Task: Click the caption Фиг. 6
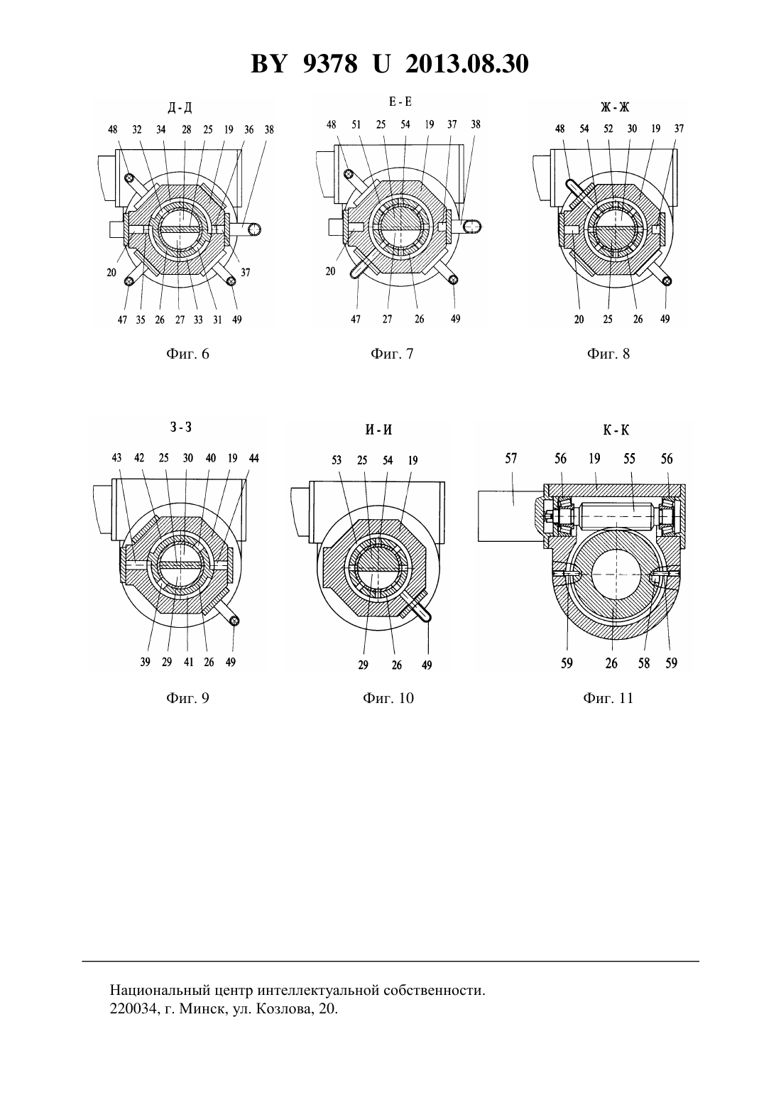[187, 354]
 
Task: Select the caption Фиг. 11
[608, 698]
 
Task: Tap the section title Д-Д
[180, 107]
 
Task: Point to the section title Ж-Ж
[615, 107]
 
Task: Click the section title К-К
[616, 430]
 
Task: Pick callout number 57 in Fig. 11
[510, 458]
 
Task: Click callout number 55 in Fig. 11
[629, 459]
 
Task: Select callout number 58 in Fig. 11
[644, 663]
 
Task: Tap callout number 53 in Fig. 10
[337, 460]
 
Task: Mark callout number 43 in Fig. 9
[116, 458]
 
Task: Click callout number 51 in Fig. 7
[356, 125]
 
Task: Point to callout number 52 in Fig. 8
[608, 129]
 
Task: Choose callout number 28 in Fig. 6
[186, 130]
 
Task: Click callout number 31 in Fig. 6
[217, 320]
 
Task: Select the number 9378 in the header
[329, 64]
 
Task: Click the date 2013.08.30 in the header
[467, 64]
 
